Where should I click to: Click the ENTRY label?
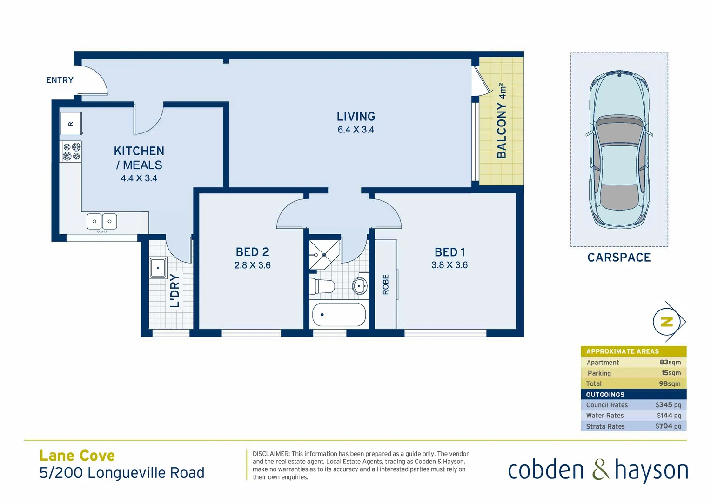60,80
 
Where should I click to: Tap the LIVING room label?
356,117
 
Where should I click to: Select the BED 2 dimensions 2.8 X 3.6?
252,265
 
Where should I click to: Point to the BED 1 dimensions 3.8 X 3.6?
449,265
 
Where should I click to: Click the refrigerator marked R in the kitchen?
71,124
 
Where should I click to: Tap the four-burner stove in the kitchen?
71,152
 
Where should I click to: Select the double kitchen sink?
102,221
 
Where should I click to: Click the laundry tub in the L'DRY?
158,268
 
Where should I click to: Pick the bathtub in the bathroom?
339,315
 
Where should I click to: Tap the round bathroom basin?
359,286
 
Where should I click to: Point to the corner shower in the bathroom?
324,255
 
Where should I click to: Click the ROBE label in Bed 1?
386,284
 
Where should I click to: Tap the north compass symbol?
668,322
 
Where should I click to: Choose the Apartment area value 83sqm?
670,362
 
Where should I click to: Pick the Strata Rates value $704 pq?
668,426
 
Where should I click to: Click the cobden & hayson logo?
597,470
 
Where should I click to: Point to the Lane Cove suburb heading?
77,456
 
